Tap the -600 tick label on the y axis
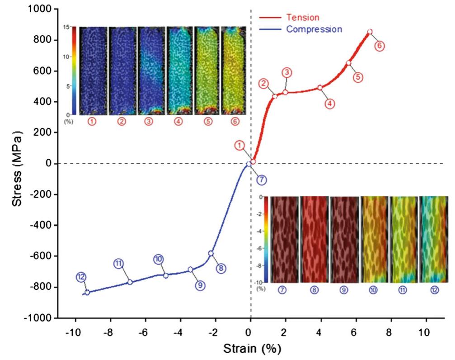point(42,256)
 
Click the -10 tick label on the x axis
point(72,332)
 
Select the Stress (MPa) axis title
point(18,163)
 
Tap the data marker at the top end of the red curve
point(370,32)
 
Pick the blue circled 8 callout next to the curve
point(221,268)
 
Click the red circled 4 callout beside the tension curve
point(329,103)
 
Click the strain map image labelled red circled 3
point(151,70)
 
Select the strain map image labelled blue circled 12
point(434,239)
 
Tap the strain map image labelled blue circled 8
point(314,239)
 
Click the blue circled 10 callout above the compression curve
point(158,259)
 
